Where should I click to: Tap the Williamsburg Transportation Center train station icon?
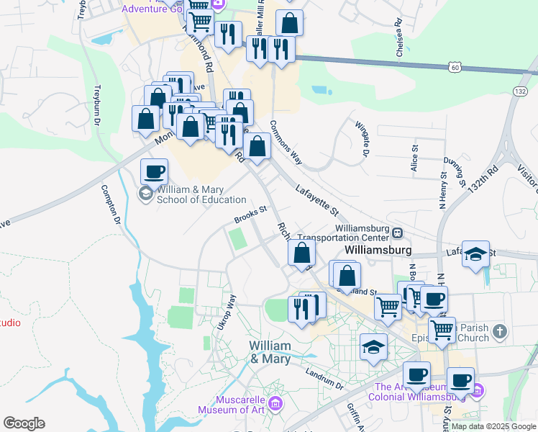(397, 232)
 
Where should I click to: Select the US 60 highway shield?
(455, 67)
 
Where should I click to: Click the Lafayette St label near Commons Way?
(316, 200)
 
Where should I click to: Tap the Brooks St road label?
(250, 215)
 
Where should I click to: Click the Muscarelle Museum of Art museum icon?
(274, 404)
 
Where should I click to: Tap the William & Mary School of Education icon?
(146, 194)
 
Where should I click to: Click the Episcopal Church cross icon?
(501, 332)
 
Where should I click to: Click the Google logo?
(24, 423)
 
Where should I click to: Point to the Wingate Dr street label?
(361, 138)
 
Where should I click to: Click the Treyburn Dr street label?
(97, 105)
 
